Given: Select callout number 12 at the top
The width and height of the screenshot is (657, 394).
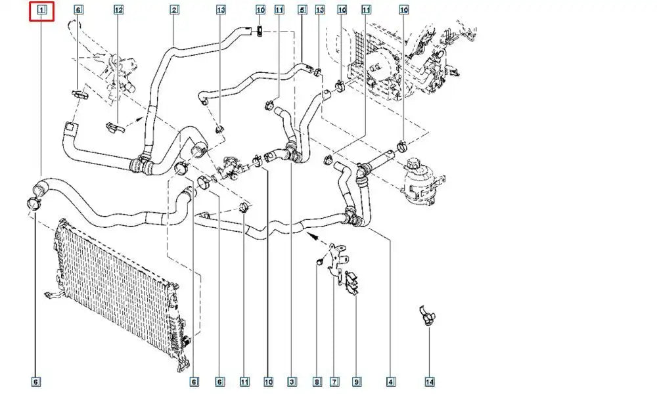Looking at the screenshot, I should coord(118,10).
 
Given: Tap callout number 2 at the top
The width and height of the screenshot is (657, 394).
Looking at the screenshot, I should coord(174,10).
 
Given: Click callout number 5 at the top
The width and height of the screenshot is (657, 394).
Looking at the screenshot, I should coord(302,10).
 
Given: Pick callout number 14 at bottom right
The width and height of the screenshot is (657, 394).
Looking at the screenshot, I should coord(430,382).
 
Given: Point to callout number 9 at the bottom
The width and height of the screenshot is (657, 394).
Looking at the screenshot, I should coord(357,382).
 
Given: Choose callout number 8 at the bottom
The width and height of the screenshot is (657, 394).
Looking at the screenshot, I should coord(317,382).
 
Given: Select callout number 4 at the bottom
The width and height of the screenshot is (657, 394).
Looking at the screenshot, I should coord(391,382).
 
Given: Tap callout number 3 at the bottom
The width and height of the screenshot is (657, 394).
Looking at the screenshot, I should coord(290,382).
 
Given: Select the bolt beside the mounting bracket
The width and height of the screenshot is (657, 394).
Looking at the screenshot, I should coord(318,262).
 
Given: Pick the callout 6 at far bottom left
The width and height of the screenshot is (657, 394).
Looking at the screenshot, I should coord(36,382).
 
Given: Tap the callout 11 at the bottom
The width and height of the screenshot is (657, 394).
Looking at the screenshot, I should coord(244,382).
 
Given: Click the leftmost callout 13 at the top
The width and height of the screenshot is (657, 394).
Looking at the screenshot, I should coord(221,10).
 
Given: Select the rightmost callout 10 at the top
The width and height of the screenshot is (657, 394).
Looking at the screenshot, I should coord(403,10).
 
